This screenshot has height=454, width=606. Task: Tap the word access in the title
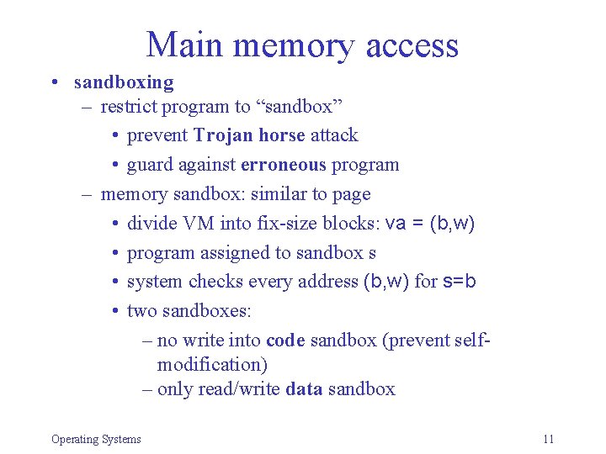412,46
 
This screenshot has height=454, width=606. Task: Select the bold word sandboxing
124,82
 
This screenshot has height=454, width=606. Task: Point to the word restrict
129,107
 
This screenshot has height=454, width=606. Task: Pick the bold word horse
282,135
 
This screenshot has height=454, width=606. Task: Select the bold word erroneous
284,165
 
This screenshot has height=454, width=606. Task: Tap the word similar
280,194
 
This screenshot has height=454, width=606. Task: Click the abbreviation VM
191,224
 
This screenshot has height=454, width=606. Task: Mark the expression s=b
460,282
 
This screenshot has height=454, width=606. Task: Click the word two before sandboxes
142,311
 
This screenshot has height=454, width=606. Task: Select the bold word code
285,340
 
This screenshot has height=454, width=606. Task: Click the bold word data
304,389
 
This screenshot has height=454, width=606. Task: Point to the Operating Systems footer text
96,439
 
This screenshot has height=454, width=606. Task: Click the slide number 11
549,439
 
